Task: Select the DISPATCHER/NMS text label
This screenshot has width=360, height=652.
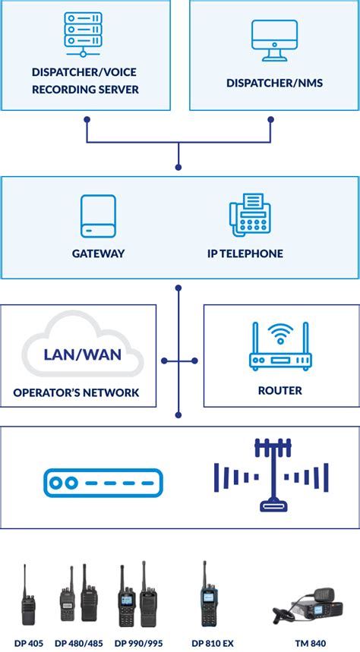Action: pos(274,82)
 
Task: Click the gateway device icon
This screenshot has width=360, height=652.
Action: pos(99,216)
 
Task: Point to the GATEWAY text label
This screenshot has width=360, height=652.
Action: pos(98,254)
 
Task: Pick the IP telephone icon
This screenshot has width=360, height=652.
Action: pos(251,214)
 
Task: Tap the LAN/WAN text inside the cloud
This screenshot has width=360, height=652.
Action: pos(82,354)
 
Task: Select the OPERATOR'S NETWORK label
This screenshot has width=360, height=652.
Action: pos(76,392)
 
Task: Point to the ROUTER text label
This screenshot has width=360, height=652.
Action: pos(280,391)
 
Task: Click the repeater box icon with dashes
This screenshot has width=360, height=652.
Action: pos(103,483)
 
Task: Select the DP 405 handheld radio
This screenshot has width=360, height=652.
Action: pos(29,600)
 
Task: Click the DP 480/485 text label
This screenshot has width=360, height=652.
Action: pos(79,644)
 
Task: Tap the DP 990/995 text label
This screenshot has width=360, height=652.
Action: pos(139,644)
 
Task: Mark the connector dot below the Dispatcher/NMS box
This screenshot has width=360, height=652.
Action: pos(271,118)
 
